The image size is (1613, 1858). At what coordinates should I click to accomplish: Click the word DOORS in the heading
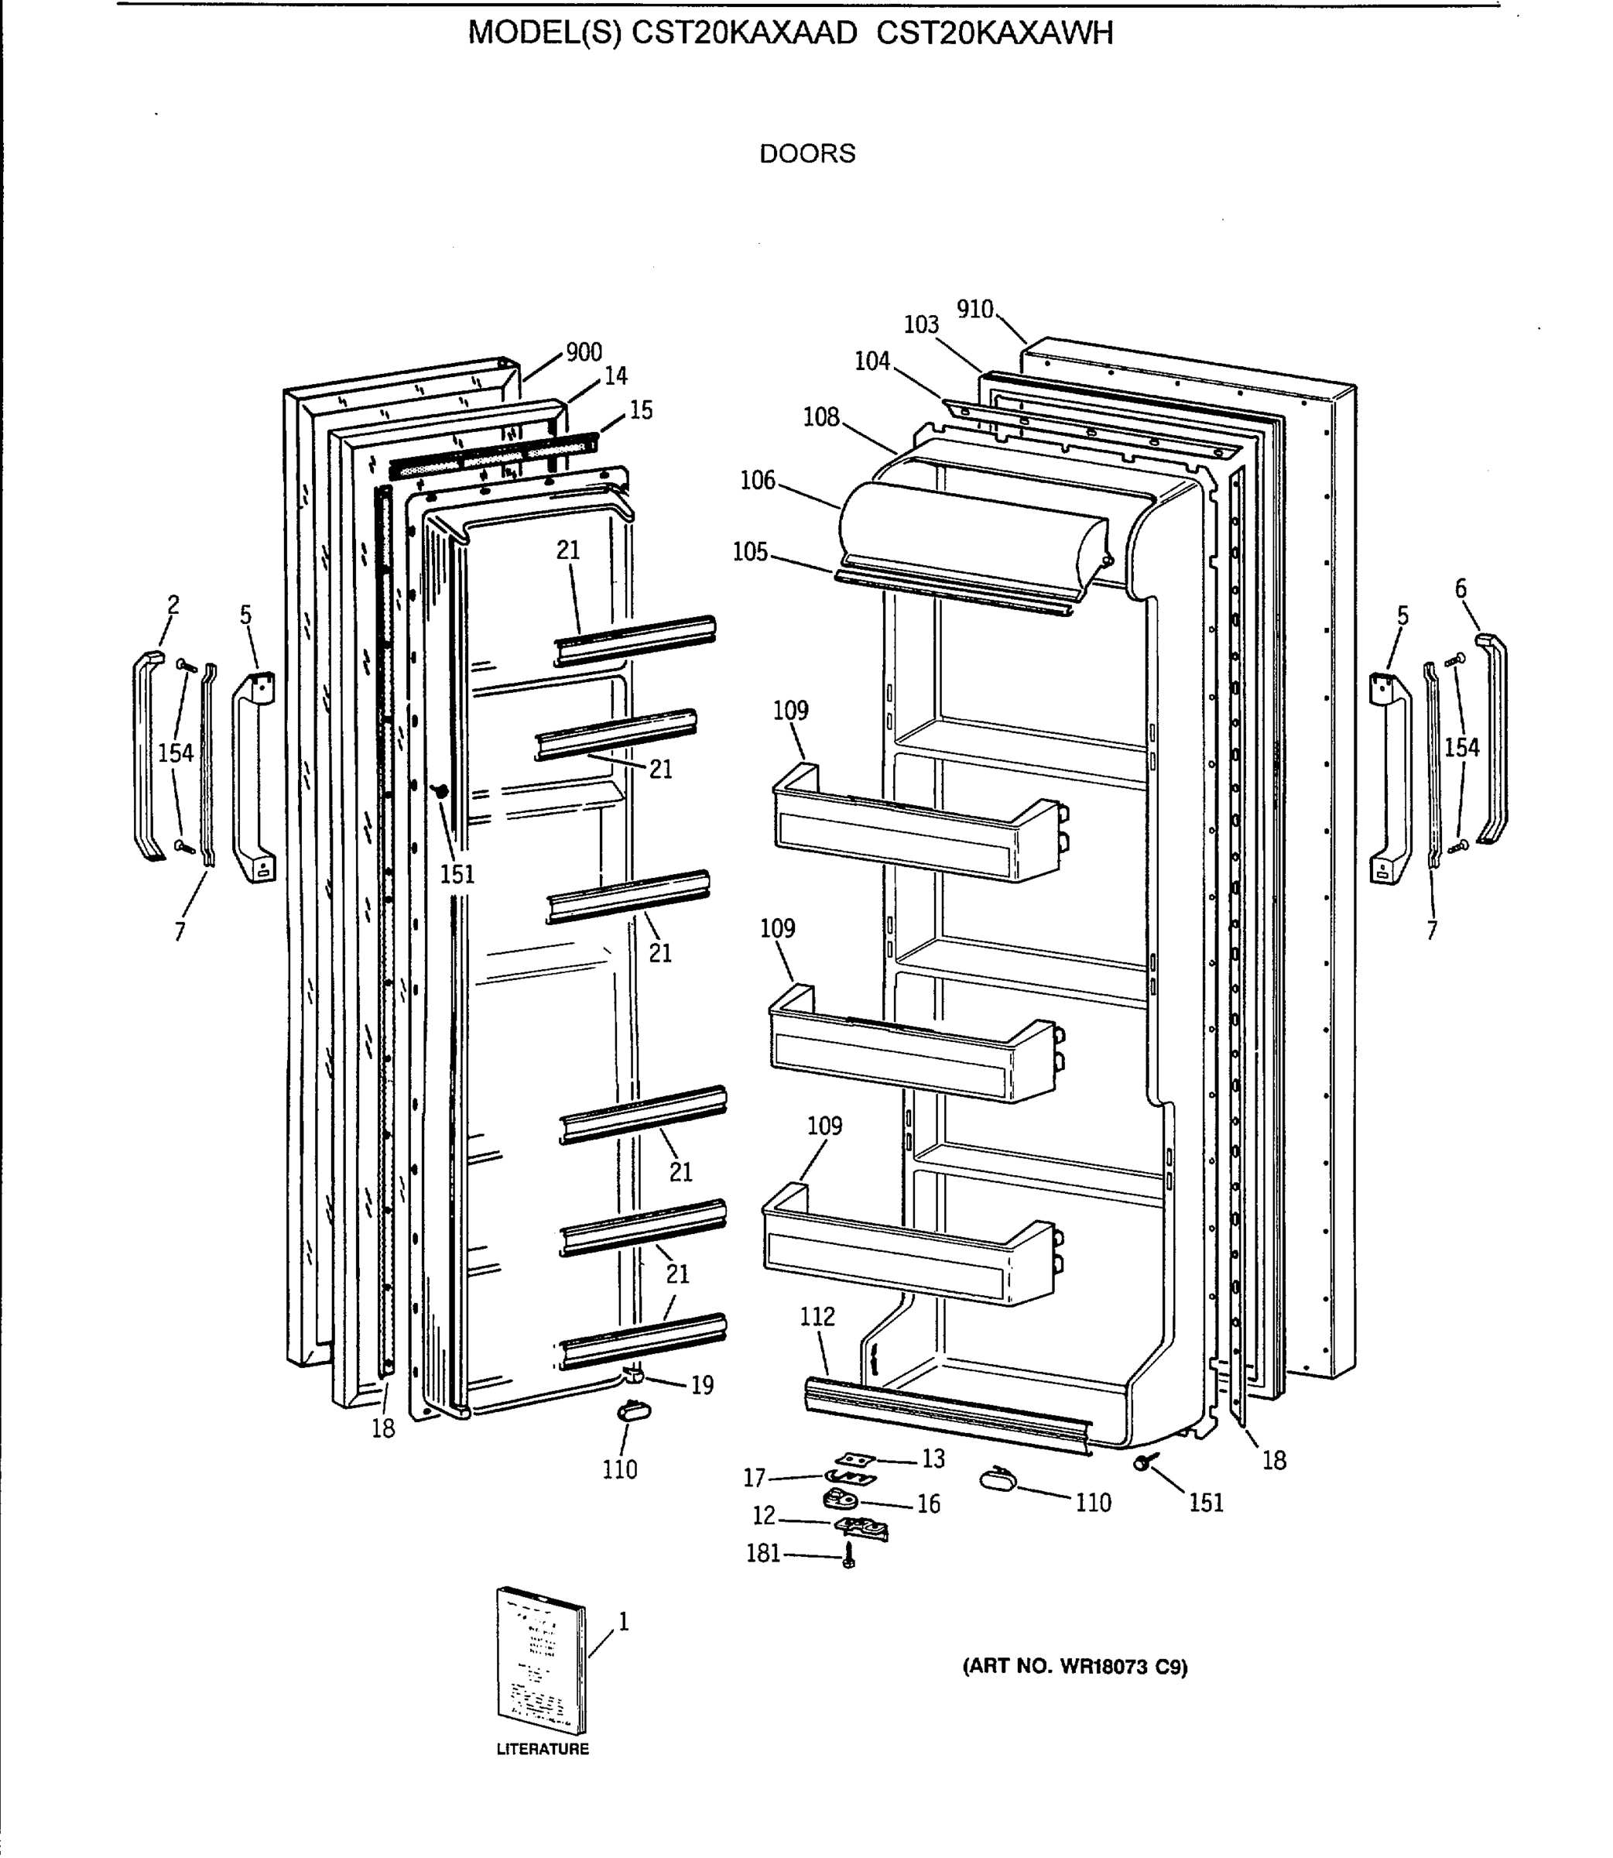[x=806, y=154]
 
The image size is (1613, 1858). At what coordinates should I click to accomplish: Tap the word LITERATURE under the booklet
[x=543, y=1749]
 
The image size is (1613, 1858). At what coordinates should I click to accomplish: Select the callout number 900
[x=584, y=352]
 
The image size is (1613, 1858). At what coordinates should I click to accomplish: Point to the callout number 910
[x=974, y=310]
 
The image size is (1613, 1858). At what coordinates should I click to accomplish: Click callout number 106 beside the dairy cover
[x=757, y=481]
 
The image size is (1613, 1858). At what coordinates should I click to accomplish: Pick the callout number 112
[x=817, y=1317]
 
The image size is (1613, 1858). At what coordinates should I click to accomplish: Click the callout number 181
[x=763, y=1553]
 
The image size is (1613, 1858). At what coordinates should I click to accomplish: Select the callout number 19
[x=702, y=1386]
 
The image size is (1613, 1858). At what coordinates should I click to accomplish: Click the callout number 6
[x=1461, y=588]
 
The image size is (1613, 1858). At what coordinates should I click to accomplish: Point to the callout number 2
[x=173, y=605]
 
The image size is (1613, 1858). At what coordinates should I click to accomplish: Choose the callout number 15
[x=641, y=410]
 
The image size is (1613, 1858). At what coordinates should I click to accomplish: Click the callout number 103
[x=921, y=325]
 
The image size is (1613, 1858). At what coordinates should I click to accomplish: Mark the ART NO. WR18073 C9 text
[x=1075, y=1666]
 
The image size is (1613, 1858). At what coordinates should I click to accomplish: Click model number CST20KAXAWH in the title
[x=995, y=33]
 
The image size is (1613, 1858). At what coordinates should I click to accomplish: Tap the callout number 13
[x=933, y=1459]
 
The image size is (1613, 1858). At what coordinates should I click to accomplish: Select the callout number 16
[x=928, y=1504]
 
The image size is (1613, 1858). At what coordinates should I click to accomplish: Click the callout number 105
[x=750, y=552]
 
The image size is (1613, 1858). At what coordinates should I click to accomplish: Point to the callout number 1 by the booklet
[x=623, y=1621]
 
